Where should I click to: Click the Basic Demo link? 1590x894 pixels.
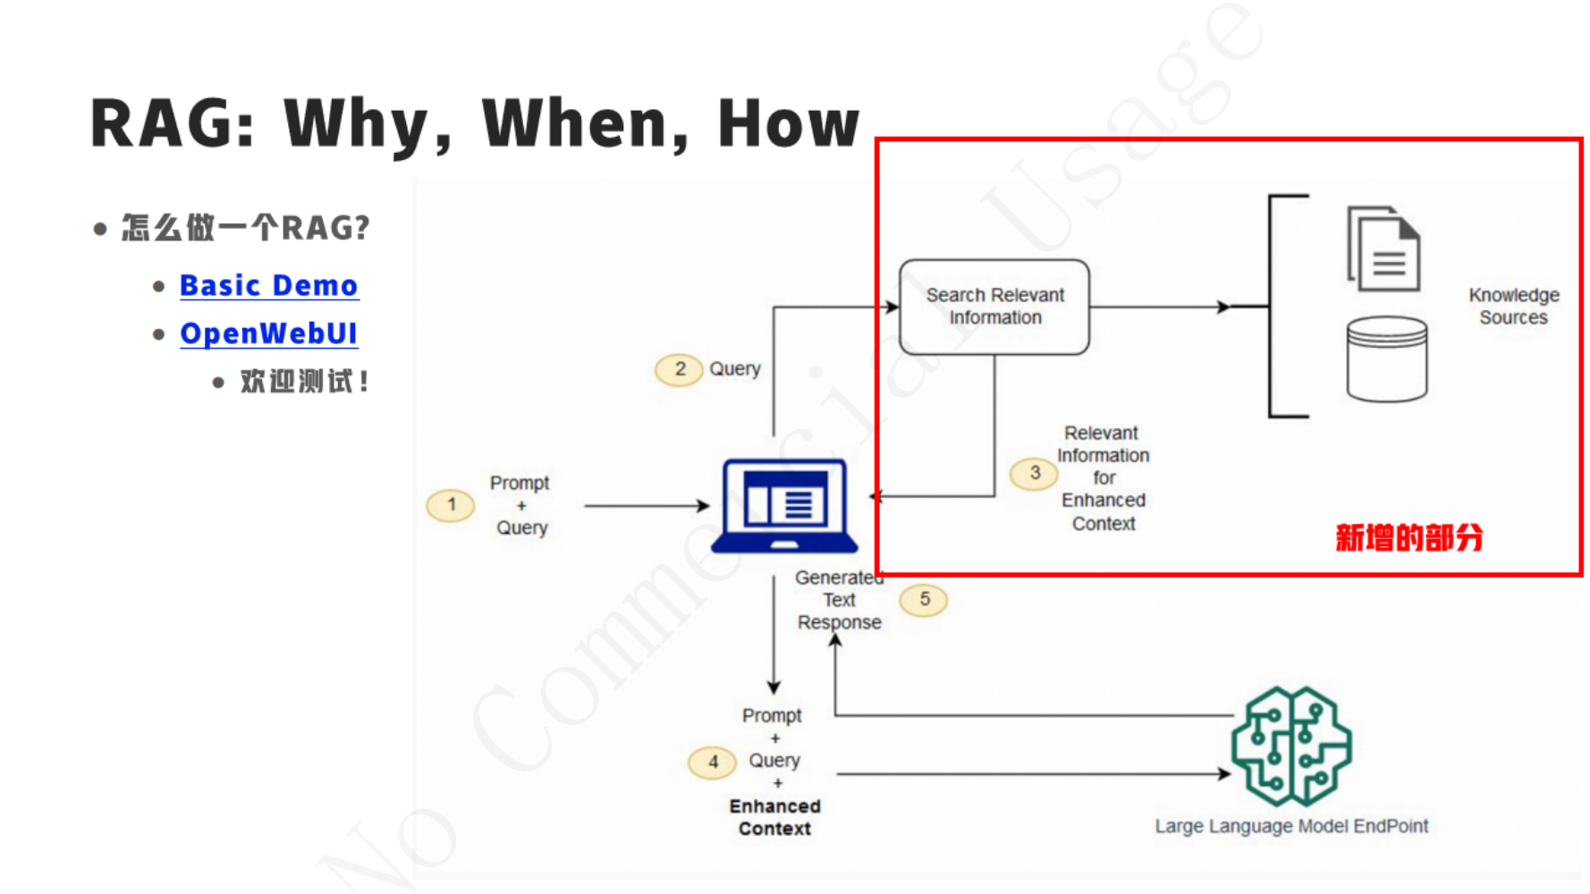pyautogui.click(x=268, y=285)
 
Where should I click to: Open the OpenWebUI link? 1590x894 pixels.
pyautogui.click(x=268, y=333)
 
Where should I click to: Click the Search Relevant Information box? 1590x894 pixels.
pyautogui.click(x=994, y=307)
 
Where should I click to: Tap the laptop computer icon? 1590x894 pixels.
pyautogui.click(x=784, y=505)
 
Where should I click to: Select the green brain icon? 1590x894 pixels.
pyautogui.click(x=1291, y=746)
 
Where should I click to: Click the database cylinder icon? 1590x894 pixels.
pyautogui.click(x=1386, y=359)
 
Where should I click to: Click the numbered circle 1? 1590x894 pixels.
pyautogui.click(x=451, y=505)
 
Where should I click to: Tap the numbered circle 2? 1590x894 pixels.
pyautogui.click(x=680, y=369)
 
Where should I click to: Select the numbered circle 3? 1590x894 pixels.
pyautogui.click(x=1034, y=473)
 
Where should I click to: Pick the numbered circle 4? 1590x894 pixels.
pyautogui.click(x=713, y=763)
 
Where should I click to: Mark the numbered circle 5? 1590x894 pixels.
pyautogui.click(x=924, y=599)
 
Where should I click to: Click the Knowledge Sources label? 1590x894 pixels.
pyautogui.click(x=1513, y=306)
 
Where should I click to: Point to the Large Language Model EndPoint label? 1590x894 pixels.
pyautogui.click(x=1290, y=826)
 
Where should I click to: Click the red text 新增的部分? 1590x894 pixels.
pyautogui.click(x=1408, y=538)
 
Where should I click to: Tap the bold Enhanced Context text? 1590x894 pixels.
pyautogui.click(x=774, y=817)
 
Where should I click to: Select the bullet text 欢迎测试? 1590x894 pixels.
pyautogui.click(x=304, y=382)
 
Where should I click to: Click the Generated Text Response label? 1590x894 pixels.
pyautogui.click(x=839, y=600)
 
